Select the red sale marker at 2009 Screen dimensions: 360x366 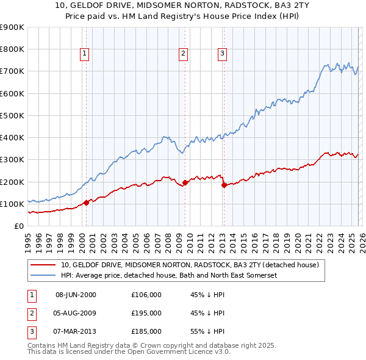coord(185,182)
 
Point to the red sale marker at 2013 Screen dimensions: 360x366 coord(223,185)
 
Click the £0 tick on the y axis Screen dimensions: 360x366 coord(18,226)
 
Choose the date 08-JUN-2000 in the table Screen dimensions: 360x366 coord(76,295)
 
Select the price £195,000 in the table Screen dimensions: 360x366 coord(146,313)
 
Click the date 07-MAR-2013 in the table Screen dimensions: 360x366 coord(76,331)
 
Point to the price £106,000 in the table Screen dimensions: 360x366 coord(146,295)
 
